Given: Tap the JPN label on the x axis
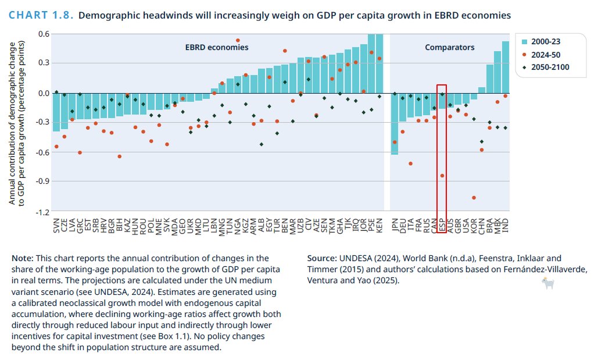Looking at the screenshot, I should (x=395, y=226).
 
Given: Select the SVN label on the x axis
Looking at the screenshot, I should (x=56, y=226).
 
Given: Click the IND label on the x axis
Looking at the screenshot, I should (x=505, y=226).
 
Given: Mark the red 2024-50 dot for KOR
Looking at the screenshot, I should (x=474, y=198).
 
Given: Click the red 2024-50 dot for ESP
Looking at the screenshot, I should (x=443, y=176).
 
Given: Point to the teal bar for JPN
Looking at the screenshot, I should (x=395, y=123).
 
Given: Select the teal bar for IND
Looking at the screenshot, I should (x=505, y=67).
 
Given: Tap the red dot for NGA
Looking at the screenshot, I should (x=238, y=40).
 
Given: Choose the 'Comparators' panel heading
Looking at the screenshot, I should (x=450, y=47).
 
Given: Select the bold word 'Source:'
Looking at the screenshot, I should (x=321, y=258).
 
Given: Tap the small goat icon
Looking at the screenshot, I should (x=547, y=283).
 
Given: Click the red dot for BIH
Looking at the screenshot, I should (x=119, y=156).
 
